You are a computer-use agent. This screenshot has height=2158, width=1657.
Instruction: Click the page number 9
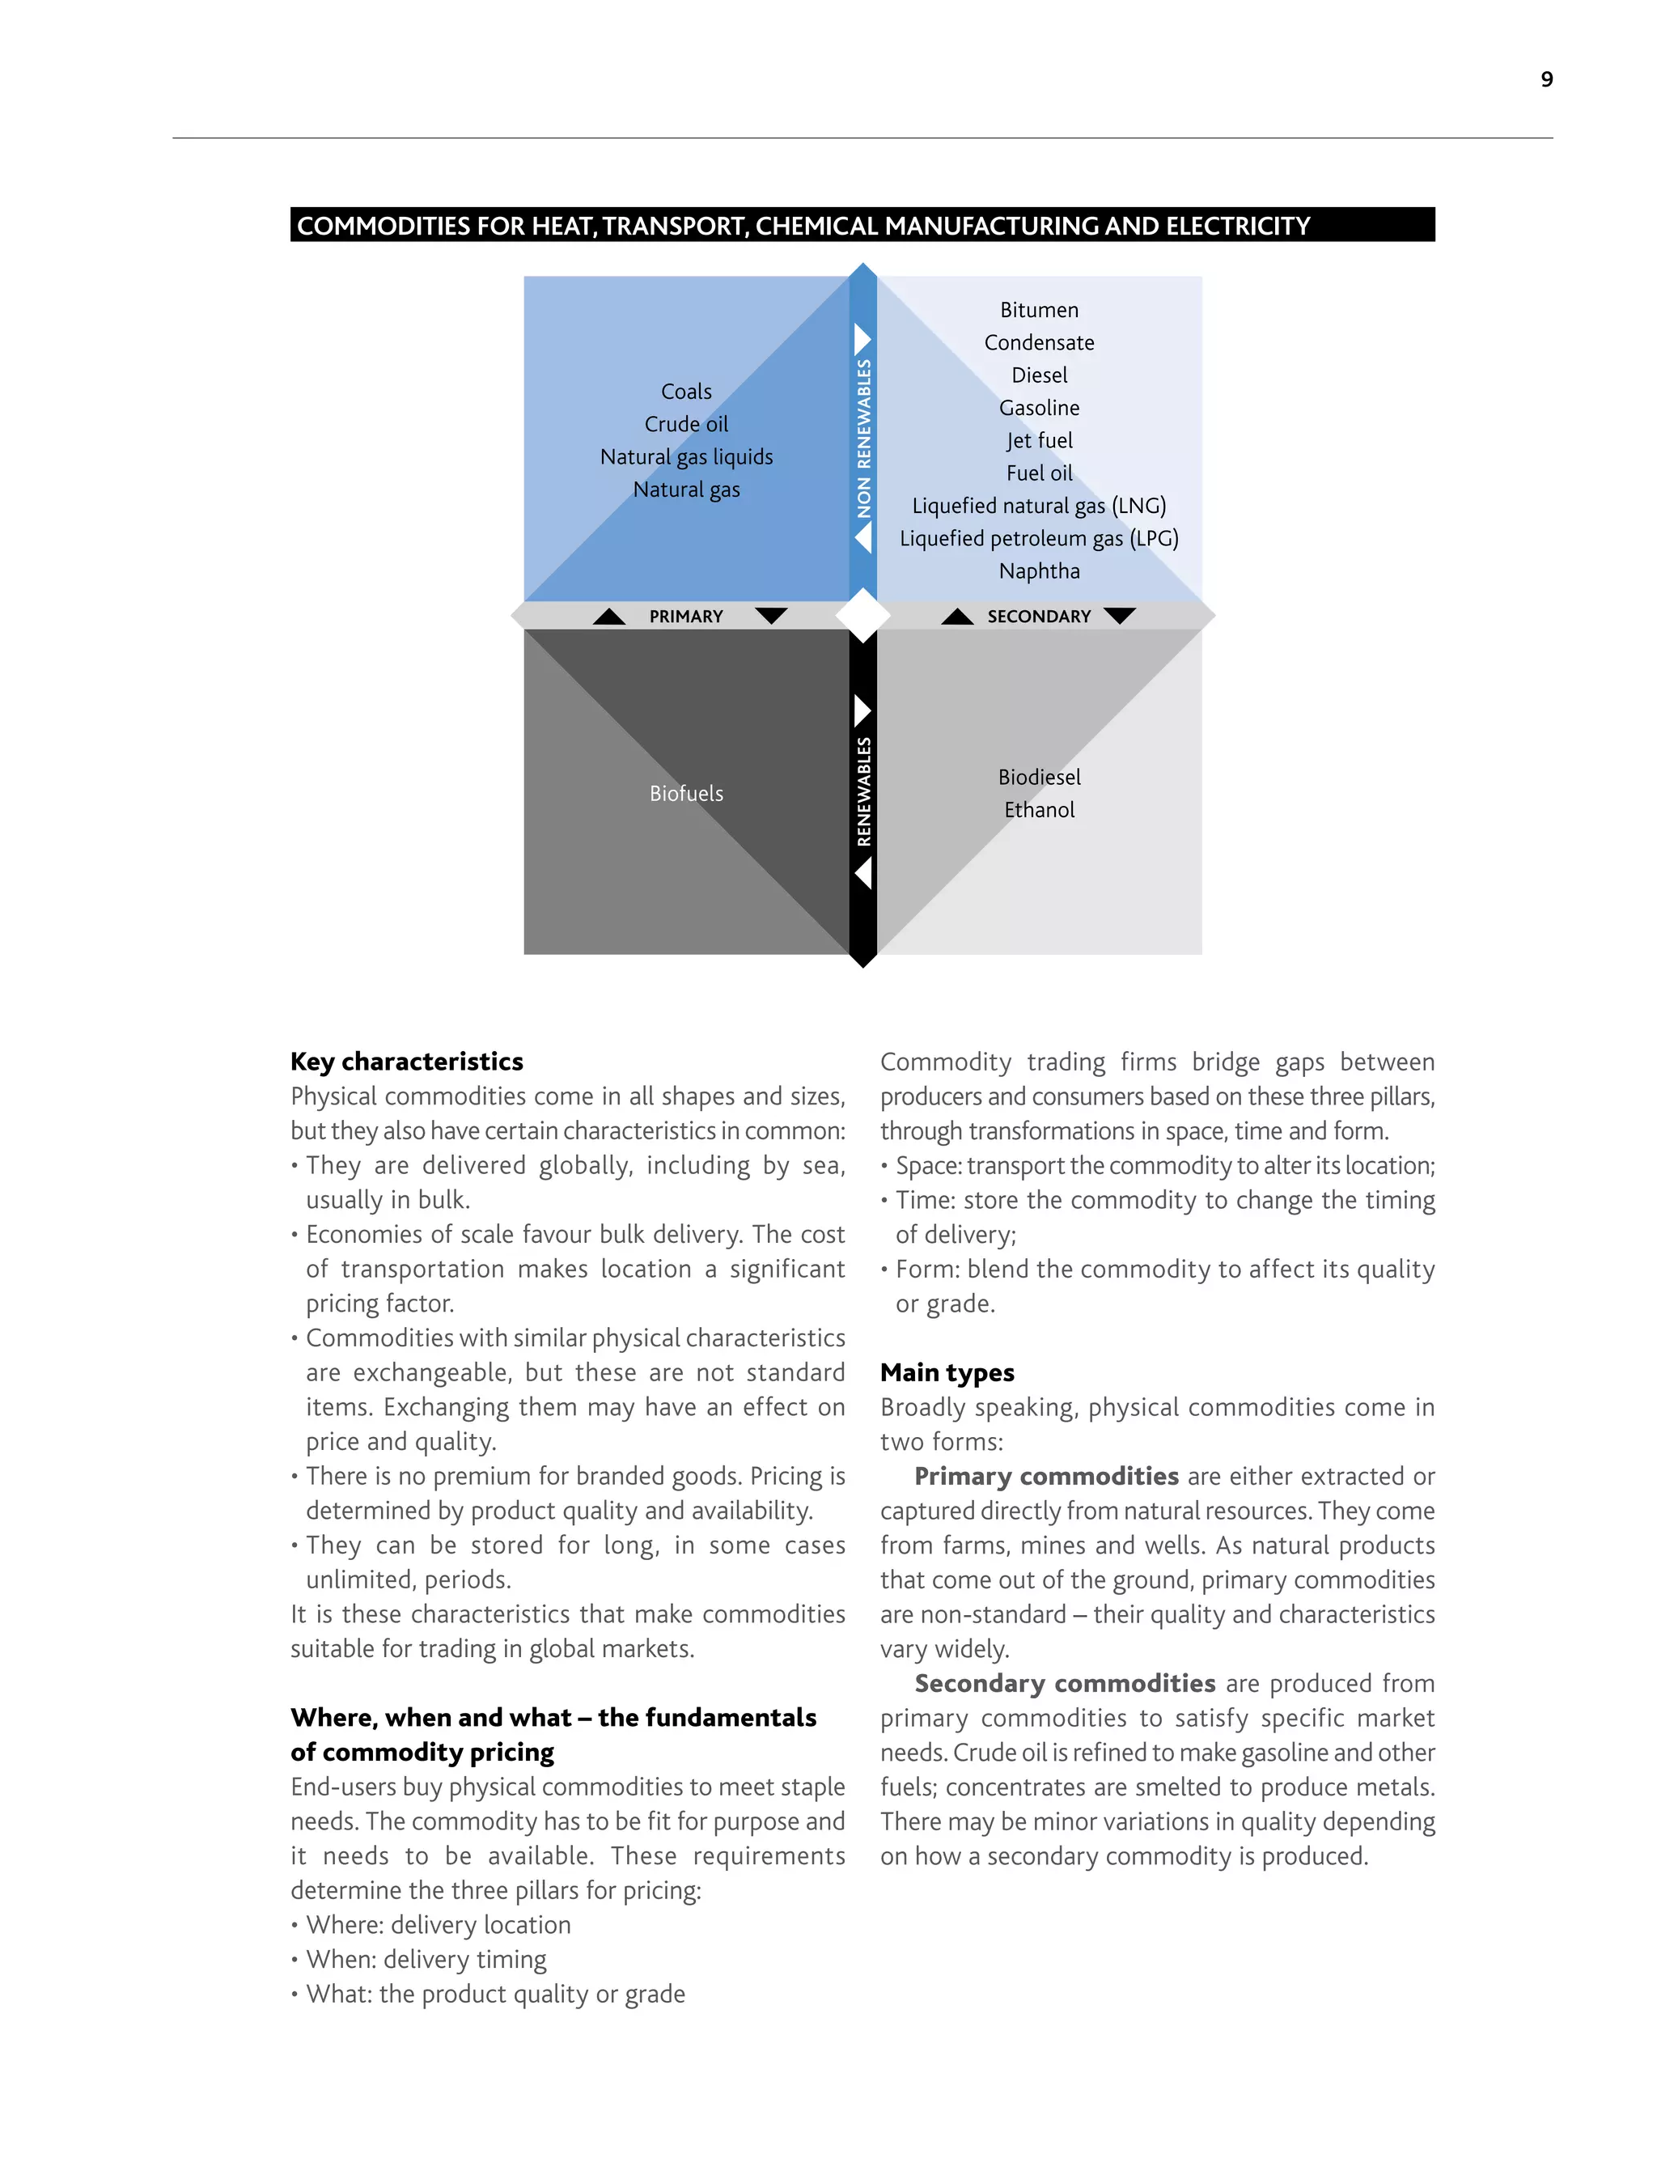[1546, 79]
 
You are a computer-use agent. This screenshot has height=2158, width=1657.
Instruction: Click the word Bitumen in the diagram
[1039, 310]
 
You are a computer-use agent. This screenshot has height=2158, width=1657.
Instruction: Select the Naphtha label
[1039, 571]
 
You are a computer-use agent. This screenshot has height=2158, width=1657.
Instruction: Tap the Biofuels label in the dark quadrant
[686, 793]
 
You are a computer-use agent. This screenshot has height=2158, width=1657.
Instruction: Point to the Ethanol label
[1039, 810]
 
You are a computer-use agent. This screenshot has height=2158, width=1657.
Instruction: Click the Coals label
[686, 392]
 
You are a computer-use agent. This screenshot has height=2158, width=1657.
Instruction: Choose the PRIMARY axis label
[686, 617]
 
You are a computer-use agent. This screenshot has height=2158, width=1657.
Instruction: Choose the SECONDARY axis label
[1039, 617]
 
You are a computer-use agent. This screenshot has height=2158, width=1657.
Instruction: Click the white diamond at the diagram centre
[863, 616]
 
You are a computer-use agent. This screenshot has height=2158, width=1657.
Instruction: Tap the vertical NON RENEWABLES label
[864, 439]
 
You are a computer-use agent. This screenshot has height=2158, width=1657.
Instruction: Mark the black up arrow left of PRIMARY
[608, 617]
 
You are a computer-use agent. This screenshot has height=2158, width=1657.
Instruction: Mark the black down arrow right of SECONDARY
[1120, 616]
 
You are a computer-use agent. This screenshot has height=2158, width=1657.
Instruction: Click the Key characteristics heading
[406, 1062]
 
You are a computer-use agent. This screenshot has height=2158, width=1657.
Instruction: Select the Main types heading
[947, 1372]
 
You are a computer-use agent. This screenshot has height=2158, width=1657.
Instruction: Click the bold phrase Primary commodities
[1045, 1476]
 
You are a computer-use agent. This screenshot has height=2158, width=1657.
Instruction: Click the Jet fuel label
[1039, 441]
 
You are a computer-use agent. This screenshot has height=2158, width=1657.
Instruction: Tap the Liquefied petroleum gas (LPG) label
[1039, 539]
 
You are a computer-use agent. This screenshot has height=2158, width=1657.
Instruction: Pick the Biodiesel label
[1039, 778]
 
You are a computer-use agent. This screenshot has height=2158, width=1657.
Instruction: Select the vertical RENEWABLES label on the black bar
[864, 791]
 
